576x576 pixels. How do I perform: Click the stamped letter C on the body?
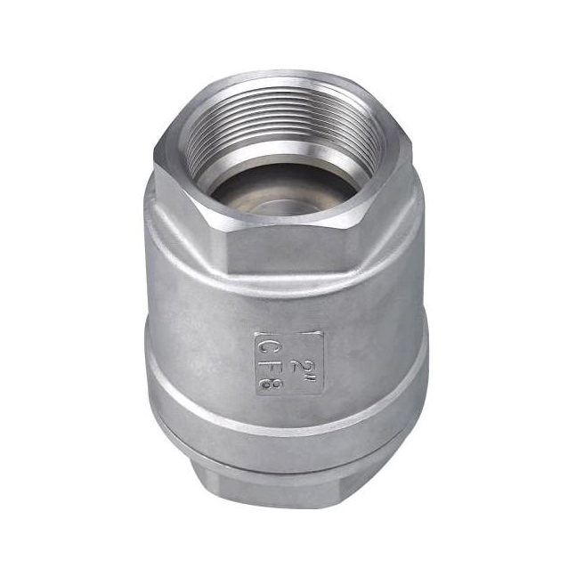click(265, 345)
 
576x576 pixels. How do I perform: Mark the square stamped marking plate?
click(289, 364)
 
